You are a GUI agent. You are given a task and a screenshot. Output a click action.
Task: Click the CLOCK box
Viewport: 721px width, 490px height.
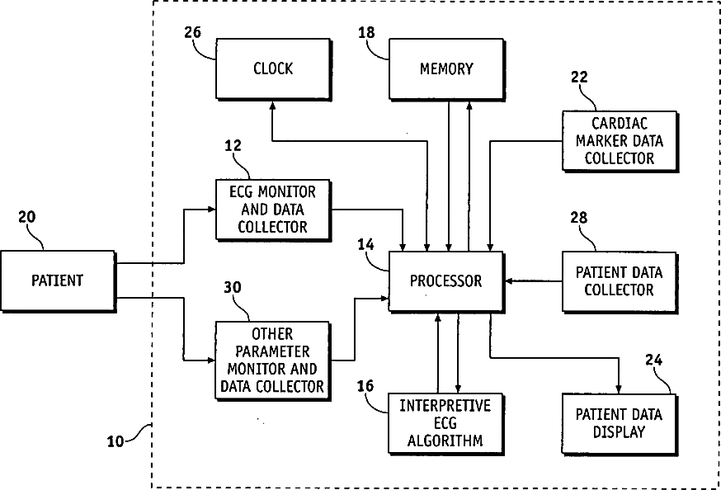(x=274, y=69)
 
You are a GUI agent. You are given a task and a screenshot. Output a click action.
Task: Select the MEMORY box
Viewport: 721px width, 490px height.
(x=446, y=69)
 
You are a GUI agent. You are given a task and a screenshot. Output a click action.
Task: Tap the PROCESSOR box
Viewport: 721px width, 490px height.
(x=446, y=280)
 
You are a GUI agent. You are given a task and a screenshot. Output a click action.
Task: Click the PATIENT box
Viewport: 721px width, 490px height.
(x=58, y=280)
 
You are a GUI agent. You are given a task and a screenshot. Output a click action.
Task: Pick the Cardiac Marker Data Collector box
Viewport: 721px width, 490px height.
(x=620, y=141)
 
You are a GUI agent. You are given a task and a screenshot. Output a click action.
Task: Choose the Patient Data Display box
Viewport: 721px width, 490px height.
(x=620, y=424)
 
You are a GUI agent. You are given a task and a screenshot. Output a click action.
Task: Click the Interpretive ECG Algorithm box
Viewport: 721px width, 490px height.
(x=445, y=424)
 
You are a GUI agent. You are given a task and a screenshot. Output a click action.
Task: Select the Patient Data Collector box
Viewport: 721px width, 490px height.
(x=620, y=282)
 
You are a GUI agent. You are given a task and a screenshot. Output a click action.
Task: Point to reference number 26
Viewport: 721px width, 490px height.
(x=193, y=33)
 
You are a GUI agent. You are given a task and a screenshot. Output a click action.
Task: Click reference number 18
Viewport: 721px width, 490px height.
(x=366, y=33)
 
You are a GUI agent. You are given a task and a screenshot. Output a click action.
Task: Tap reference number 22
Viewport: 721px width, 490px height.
(x=579, y=77)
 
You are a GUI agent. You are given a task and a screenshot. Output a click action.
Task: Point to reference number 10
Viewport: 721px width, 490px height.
(x=115, y=441)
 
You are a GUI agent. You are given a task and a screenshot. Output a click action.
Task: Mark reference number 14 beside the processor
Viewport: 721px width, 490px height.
(x=366, y=244)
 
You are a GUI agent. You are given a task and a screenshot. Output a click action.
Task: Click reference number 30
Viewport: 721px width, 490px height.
(x=233, y=287)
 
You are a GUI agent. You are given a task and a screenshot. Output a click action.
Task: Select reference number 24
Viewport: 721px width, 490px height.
(x=654, y=360)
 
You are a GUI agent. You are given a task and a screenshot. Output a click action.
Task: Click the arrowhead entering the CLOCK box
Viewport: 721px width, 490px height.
(x=272, y=106)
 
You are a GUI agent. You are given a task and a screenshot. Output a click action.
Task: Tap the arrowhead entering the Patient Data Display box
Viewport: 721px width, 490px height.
(x=619, y=389)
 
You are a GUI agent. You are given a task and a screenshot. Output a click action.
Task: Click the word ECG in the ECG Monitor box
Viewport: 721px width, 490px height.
(x=242, y=191)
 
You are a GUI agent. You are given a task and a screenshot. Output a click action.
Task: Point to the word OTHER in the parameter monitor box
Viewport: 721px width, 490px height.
(x=272, y=334)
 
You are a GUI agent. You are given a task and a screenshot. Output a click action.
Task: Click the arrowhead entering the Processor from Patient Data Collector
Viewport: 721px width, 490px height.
(x=510, y=280)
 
